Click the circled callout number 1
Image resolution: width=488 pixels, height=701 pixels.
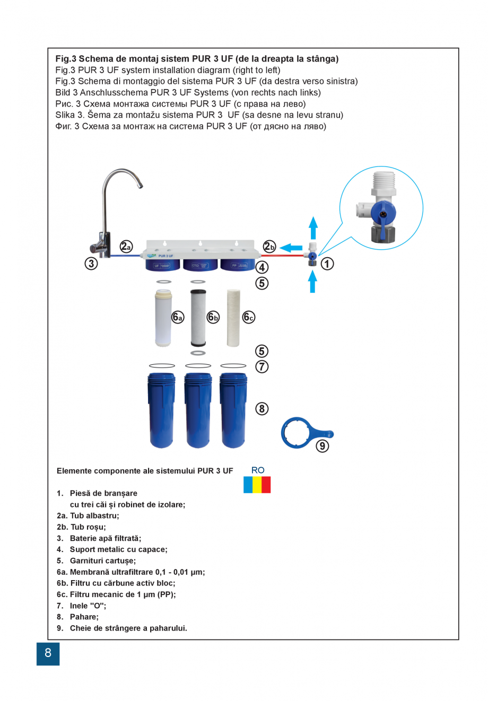point(327,264)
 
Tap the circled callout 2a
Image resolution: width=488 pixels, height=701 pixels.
point(126,246)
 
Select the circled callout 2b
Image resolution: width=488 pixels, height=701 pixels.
point(269,246)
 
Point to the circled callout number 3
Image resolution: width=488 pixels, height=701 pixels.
point(91,264)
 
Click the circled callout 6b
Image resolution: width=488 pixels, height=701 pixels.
point(213,317)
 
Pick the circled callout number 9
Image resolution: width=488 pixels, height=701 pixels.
point(322,446)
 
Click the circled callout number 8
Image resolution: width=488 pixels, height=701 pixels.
point(262,409)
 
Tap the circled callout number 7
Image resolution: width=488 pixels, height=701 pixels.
point(262,366)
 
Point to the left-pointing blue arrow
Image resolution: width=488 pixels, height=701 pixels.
point(291,248)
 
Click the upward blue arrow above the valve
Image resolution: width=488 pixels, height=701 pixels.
point(313,227)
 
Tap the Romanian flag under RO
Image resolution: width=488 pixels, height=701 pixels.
point(257,485)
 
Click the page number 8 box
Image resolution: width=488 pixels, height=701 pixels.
point(48,653)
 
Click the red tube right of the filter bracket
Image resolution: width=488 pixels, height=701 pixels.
point(284,256)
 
